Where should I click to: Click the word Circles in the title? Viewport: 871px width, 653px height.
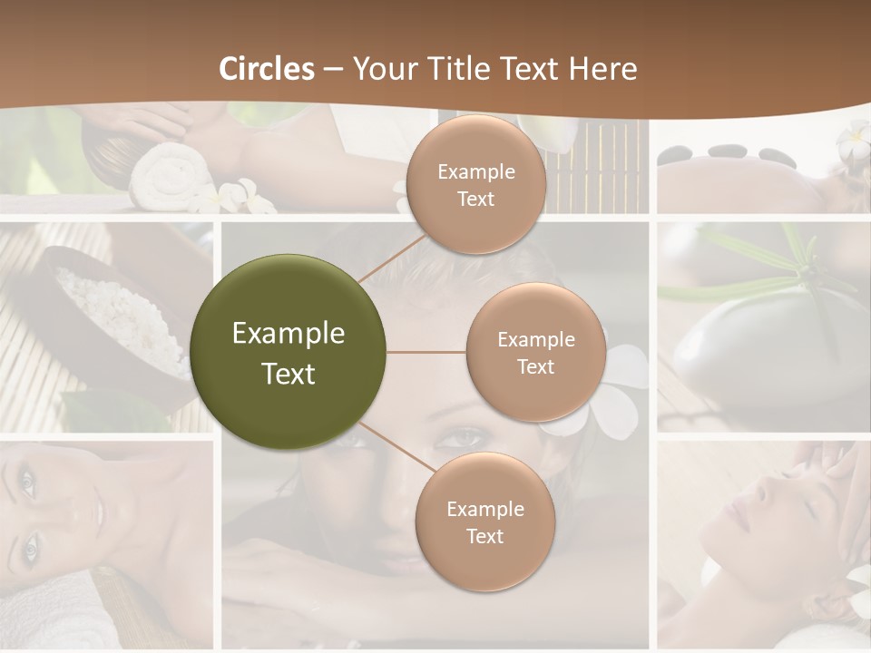pyautogui.click(x=266, y=69)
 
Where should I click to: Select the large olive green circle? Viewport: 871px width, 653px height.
pyautogui.click(x=289, y=352)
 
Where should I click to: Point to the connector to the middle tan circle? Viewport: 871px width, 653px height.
pyautogui.click(x=426, y=352)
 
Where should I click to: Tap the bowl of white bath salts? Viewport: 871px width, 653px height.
pyautogui.click(x=118, y=317)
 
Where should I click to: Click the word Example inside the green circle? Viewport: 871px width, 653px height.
pyautogui.click(x=289, y=334)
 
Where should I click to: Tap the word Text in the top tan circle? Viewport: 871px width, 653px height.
pyautogui.click(x=475, y=200)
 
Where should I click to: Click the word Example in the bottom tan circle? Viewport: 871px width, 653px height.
pyautogui.click(x=484, y=509)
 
